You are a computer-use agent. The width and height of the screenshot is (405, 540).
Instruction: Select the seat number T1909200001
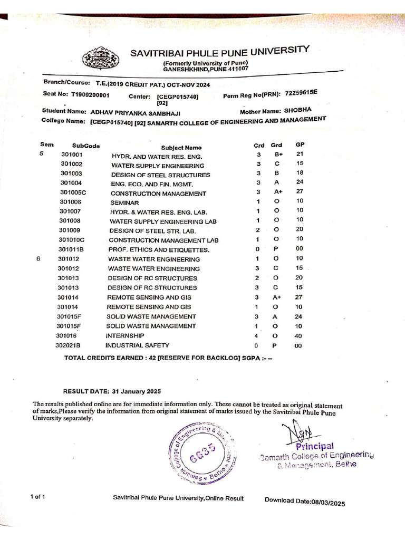[x=90, y=95]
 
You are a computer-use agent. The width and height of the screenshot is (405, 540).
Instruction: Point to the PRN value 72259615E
[x=301, y=93]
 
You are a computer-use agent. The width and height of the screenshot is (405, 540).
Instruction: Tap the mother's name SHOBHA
[x=298, y=110]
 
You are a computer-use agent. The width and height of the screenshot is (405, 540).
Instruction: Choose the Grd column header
[x=276, y=144]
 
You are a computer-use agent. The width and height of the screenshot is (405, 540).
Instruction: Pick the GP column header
[x=300, y=144]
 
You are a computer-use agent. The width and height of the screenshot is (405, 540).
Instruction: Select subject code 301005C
[x=73, y=192]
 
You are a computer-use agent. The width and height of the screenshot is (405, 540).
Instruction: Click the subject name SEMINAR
[x=124, y=202]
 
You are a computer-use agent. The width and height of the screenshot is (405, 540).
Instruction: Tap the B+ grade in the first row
[x=278, y=155]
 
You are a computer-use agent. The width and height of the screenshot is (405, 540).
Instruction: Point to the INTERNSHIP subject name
[x=125, y=335]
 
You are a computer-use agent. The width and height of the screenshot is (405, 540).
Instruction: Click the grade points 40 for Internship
[x=298, y=335]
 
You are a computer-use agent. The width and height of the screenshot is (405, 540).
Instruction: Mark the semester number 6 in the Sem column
[x=38, y=259]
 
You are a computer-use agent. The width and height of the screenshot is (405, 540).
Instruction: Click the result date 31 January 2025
[x=136, y=391]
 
